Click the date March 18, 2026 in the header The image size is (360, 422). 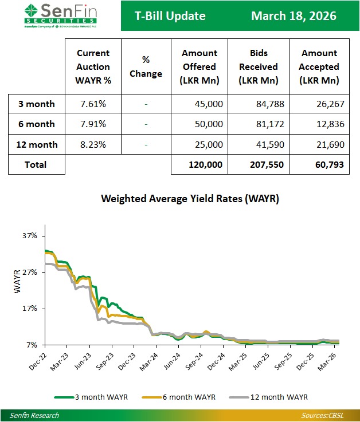294,16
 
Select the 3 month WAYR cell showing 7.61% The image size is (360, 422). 93,104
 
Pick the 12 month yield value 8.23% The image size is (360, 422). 93,145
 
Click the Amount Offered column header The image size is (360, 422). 199,66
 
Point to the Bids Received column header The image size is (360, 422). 259,66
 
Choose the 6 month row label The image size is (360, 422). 36,124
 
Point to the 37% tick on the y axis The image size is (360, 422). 30,236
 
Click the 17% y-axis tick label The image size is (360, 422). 30,309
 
